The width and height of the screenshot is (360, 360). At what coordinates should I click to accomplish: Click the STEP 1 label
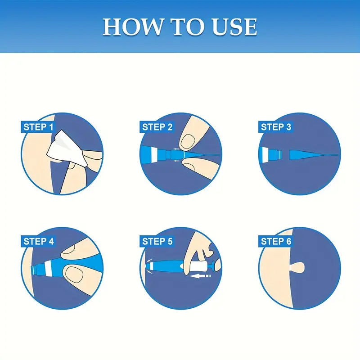38,127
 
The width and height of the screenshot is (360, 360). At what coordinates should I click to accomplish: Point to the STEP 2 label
157,127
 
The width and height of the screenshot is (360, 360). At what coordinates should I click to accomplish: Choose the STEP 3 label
276,127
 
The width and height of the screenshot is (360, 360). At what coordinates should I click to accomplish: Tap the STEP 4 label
38,241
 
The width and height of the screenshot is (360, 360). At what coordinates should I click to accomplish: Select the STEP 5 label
157,241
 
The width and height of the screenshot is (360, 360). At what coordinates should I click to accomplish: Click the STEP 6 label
276,241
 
